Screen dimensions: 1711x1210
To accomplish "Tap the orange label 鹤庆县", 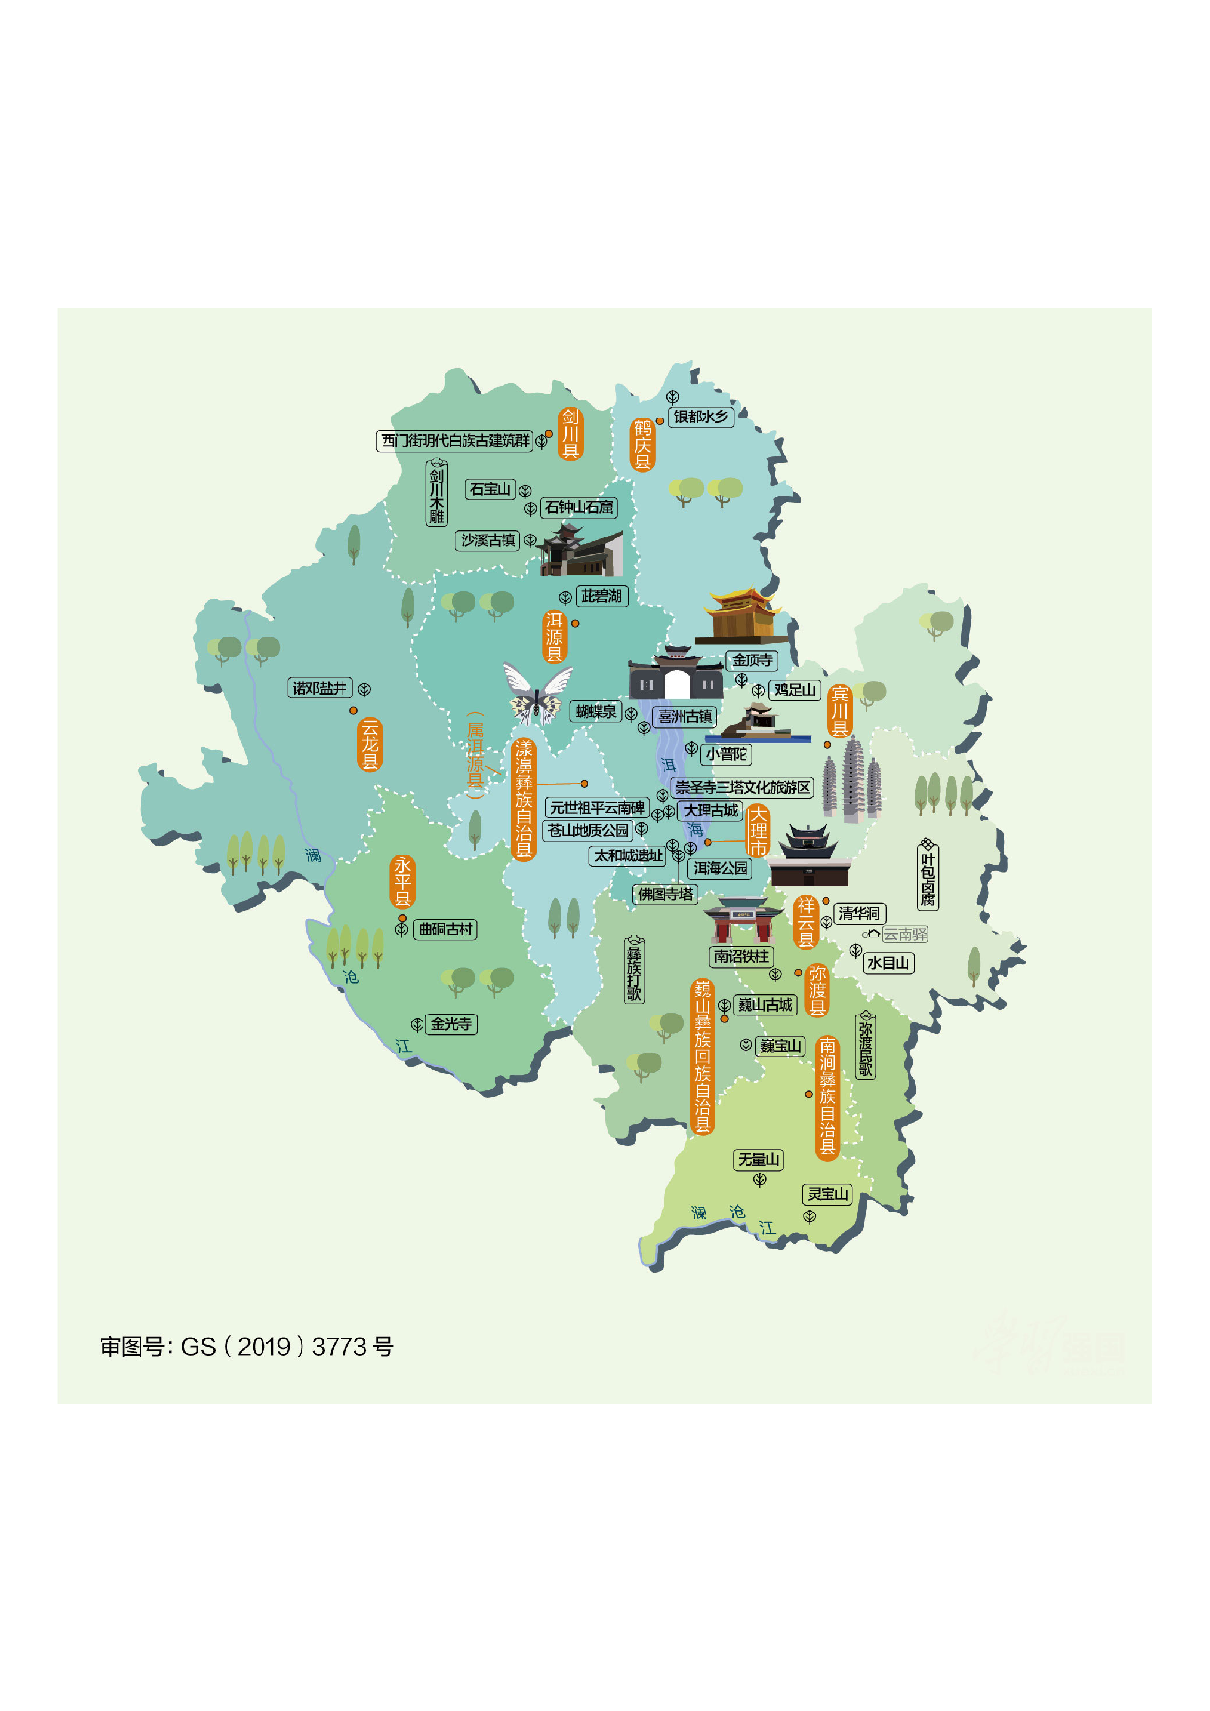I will click(x=642, y=445).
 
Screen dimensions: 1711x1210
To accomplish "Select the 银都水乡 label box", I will click(x=702, y=417).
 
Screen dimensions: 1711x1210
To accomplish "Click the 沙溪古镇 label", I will click(x=488, y=540).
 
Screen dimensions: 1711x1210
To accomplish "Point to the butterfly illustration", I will click(x=536, y=694).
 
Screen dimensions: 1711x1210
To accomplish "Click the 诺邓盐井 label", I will click(x=320, y=688).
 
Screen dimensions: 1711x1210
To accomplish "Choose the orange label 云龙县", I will click(x=369, y=744).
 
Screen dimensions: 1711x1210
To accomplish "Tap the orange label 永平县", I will click(x=402, y=883).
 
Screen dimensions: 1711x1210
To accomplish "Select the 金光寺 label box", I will click(x=451, y=1024).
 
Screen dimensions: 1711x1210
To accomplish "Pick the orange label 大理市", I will click(x=758, y=832).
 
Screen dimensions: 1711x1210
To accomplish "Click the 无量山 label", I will click(x=758, y=1159).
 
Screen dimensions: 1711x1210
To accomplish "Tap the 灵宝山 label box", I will click(x=827, y=1194).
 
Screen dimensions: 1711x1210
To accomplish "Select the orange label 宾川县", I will click(x=839, y=711).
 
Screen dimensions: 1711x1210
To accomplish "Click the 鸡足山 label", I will click(x=794, y=690).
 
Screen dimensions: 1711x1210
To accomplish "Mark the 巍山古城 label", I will click(x=766, y=1005).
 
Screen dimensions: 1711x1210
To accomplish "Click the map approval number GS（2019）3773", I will click(x=247, y=1347).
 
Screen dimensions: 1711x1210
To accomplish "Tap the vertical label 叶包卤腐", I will click(x=928, y=875).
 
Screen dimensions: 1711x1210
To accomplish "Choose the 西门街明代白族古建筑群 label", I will click(x=455, y=441).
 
